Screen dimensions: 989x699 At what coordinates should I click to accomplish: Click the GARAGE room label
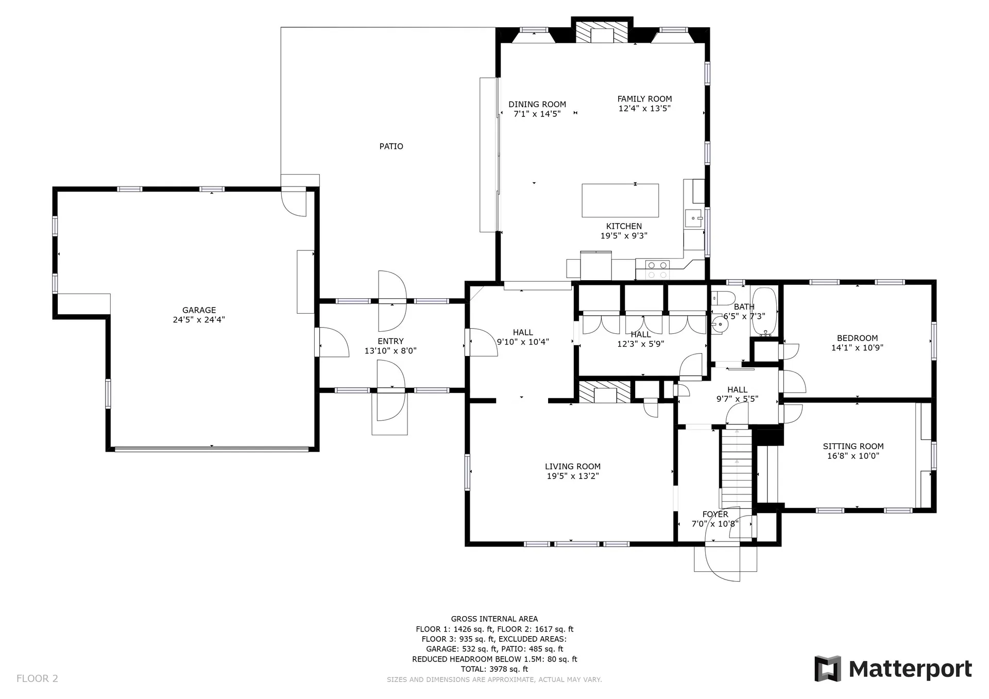(199, 310)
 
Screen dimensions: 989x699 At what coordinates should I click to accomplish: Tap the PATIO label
(391, 146)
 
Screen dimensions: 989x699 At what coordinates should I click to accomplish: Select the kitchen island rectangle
(620, 200)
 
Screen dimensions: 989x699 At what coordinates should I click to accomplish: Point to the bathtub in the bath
(764, 312)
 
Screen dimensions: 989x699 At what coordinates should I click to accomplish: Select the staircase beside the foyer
(737, 468)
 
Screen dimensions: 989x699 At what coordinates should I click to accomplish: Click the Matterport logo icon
(827, 669)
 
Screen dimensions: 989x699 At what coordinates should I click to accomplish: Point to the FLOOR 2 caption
(37, 678)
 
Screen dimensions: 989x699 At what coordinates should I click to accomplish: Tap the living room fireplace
(605, 392)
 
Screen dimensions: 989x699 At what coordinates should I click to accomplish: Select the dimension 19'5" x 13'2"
(573, 476)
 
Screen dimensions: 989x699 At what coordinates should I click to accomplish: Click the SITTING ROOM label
(853, 447)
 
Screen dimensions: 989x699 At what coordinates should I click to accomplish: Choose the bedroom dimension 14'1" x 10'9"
(857, 348)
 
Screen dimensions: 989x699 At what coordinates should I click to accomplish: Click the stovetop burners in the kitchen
(658, 269)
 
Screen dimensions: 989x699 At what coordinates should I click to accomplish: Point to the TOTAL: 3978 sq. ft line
(494, 669)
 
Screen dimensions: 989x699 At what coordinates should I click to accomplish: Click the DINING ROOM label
(537, 105)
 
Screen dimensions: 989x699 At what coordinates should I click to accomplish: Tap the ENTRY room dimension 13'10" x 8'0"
(390, 351)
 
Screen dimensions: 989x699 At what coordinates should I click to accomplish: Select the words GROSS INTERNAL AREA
(494, 619)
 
